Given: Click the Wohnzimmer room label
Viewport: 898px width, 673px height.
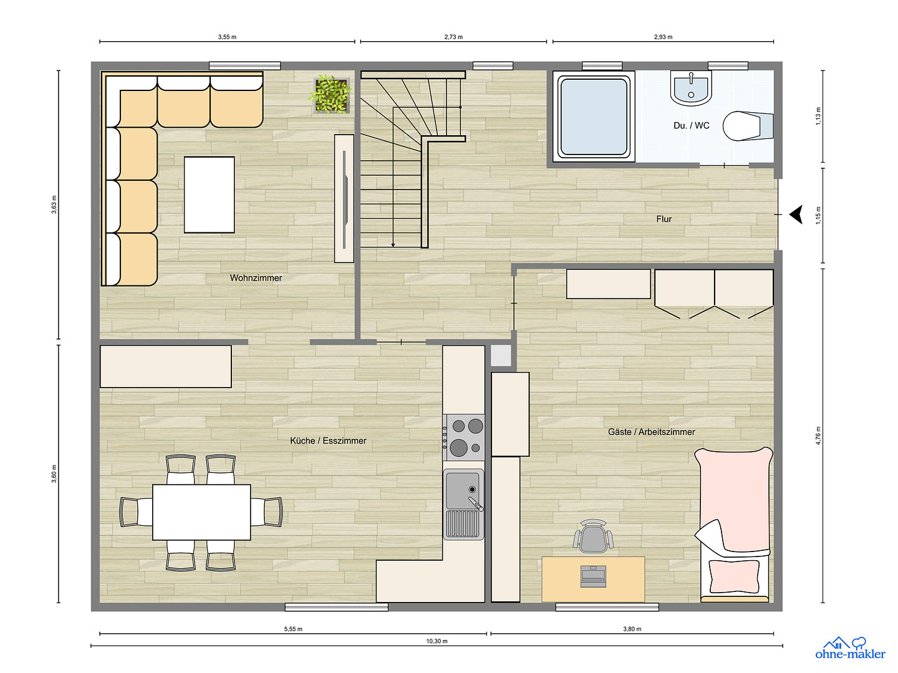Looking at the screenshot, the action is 256,278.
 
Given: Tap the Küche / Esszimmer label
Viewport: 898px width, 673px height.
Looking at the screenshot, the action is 328,441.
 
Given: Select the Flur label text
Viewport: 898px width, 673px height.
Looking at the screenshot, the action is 664,219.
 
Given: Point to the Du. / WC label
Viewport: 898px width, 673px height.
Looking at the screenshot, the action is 692,125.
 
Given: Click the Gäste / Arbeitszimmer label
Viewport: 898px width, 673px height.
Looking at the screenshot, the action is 651,432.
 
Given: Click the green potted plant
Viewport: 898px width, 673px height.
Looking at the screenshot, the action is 331,94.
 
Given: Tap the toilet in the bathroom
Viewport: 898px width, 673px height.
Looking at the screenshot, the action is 748,126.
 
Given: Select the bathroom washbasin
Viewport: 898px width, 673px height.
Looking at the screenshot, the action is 691,88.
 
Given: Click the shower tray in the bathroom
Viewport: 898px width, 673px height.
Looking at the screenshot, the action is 594,117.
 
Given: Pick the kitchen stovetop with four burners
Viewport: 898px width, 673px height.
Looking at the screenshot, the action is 464,437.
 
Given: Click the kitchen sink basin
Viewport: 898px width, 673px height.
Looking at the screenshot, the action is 462,490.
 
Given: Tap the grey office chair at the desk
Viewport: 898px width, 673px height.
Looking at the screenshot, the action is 593,536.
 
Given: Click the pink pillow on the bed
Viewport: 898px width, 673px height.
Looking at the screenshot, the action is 735,576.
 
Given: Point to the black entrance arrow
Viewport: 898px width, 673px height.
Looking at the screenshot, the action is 796,214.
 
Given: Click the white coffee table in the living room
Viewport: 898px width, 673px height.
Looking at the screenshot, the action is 209,195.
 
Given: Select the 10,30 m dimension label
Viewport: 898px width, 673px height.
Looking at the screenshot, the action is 437,641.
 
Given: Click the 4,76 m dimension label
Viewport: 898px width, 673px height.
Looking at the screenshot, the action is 818,436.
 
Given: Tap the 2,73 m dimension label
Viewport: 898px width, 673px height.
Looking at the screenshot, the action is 454,37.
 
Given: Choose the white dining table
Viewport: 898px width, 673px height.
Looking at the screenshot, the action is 201,512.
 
